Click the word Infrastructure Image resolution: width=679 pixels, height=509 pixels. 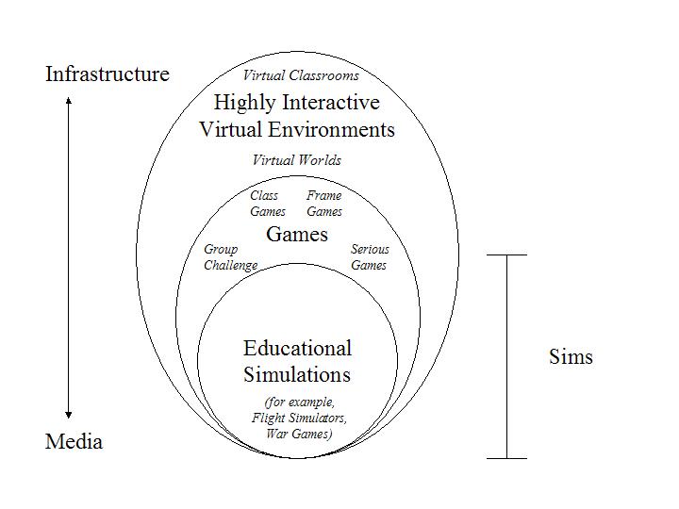tap(108, 74)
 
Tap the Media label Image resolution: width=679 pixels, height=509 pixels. tap(75, 442)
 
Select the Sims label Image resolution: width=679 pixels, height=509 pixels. tap(571, 357)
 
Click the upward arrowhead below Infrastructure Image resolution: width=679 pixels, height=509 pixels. tap(69, 101)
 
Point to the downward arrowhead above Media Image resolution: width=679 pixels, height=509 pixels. tap(69, 415)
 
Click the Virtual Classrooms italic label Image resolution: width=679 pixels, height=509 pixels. tap(301, 75)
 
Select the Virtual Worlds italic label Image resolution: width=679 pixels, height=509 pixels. tap(297, 160)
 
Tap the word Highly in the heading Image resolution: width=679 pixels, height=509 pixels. tap(245, 103)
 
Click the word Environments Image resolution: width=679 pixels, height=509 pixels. tap(331, 129)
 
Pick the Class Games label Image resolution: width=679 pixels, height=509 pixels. tap(268, 204)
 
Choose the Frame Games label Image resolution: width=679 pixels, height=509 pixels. tap(324, 204)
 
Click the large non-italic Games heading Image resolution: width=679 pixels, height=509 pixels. tap(297, 235)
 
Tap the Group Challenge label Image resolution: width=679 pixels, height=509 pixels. tap(231, 257)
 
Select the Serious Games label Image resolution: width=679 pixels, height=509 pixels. tap(370, 257)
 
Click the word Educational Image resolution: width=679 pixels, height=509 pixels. tap(297, 349)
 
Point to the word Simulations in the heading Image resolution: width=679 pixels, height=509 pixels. tap(297, 375)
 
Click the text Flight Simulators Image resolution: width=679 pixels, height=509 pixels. tap(299, 419)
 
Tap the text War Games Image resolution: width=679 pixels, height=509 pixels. tap(298, 435)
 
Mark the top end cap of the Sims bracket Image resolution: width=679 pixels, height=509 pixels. tap(507, 254)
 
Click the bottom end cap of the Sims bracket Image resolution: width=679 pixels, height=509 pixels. tap(507, 458)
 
